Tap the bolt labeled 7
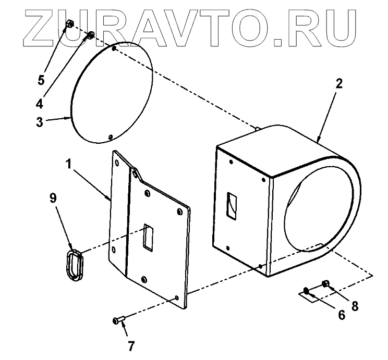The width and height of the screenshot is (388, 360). (x=119, y=320)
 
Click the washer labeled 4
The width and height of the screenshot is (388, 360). (x=90, y=35)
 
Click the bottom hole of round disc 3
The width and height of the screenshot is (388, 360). (x=110, y=137)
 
